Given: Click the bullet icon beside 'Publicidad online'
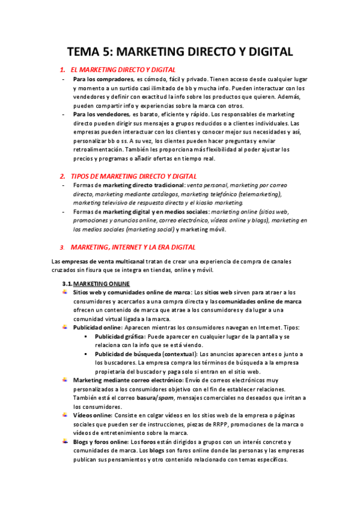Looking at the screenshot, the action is [x=65, y=327].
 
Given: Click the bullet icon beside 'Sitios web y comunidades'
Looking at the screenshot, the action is [x=65, y=292].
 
